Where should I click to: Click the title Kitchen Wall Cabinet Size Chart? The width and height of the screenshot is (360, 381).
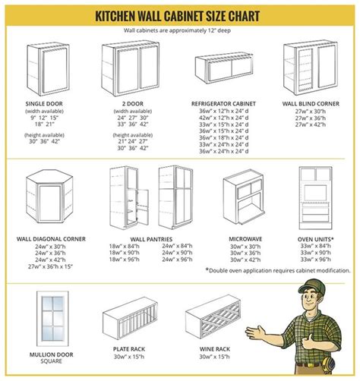180,14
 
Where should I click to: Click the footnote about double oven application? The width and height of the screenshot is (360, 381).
278,270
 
